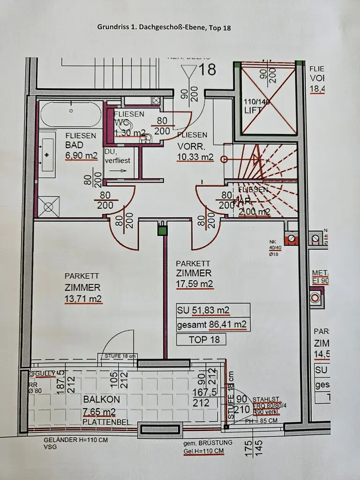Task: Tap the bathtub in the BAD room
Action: point(70,113)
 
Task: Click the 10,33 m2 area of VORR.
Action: point(195,157)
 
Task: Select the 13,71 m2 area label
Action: point(83,298)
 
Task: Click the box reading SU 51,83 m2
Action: point(213,310)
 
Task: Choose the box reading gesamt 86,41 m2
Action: point(213,323)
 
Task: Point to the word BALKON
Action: point(101,399)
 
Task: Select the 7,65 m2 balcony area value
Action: point(99,412)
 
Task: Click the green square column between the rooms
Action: point(162,230)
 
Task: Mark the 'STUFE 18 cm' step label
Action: point(120,356)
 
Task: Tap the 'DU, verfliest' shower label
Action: point(117,156)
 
